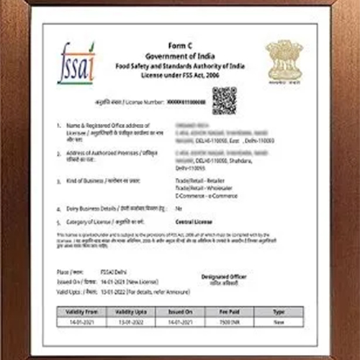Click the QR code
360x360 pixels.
click(x=224, y=100)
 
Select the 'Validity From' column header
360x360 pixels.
click(x=84, y=312)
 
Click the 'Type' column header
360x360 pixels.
click(x=278, y=312)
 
